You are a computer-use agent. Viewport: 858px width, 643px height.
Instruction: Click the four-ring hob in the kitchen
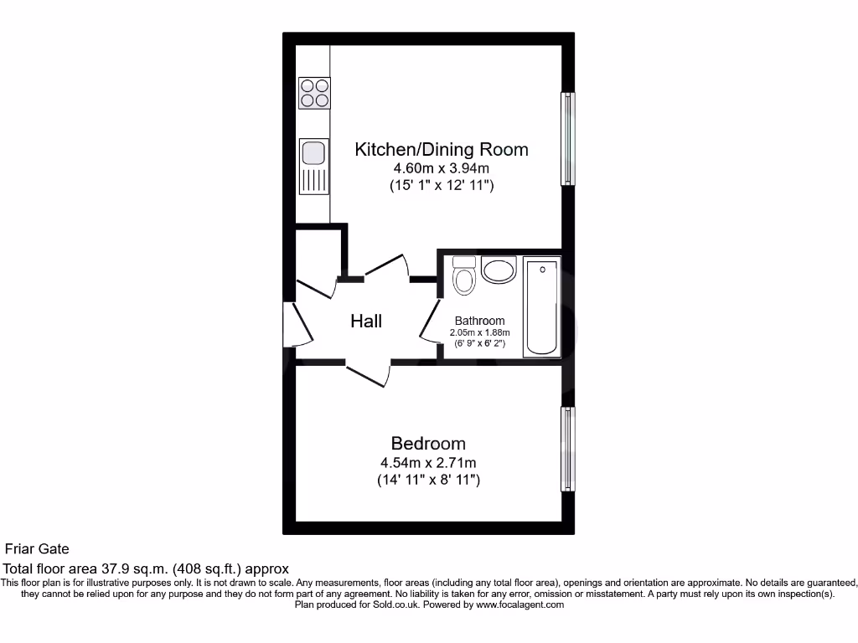click(314, 93)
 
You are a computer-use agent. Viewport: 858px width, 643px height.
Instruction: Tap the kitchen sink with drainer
click(313, 166)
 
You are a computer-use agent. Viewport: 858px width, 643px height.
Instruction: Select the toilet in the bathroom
click(463, 275)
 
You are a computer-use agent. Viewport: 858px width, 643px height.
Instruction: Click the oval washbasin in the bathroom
click(499, 271)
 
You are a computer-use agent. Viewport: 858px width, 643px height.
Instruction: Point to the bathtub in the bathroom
click(542, 306)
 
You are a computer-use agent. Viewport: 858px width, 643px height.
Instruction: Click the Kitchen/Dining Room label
click(442, 150)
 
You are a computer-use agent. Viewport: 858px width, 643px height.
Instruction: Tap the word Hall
click(366, 321)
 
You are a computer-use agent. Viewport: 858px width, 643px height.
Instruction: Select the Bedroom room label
click(428, 443)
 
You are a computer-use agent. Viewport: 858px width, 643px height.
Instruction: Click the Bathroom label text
click(479, 321)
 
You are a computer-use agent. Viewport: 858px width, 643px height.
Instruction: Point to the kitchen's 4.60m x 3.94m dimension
click(442, 168)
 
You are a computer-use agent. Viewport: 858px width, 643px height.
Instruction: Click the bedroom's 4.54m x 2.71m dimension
click(428, 462)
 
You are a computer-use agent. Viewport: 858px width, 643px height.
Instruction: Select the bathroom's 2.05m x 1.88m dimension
click(479, 332)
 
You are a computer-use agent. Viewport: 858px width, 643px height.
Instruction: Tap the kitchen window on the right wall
click(567, 138)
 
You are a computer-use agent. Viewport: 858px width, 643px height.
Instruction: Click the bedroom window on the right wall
click(567, 450)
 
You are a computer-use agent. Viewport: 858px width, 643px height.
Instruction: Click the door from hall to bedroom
click(369, 373)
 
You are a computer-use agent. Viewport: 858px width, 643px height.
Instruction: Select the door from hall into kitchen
click(385, 266)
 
